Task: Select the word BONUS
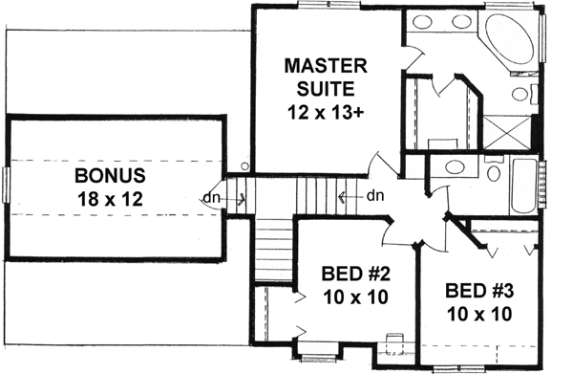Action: (x=112, y=177)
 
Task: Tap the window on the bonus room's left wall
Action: (x=6, y=186)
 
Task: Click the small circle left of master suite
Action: (x=245, y=165)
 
